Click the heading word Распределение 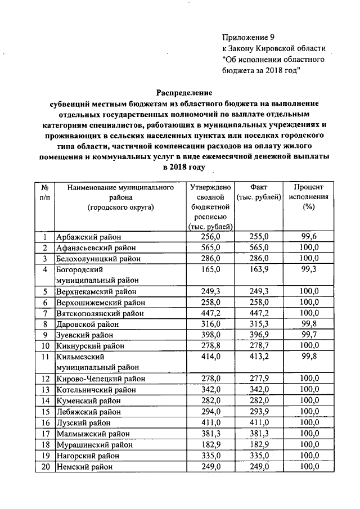click(184, 93)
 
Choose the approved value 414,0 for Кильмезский click(213, 357)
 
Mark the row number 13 click(44, 389)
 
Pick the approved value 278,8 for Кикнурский click(213, 346)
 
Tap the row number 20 click(44, 466)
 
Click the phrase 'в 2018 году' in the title click(183, 167)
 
